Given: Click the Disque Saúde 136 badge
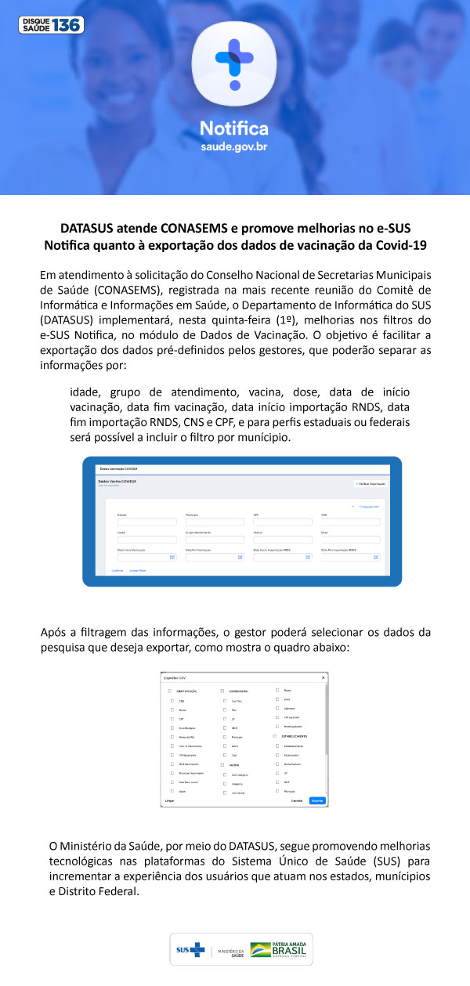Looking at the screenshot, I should pos(51,24).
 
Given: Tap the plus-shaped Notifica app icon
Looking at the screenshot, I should pos(234,63).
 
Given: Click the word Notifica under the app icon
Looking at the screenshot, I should pos(234,128).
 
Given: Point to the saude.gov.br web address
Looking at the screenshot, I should pos(234,147).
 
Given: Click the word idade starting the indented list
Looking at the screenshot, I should pos(85,392).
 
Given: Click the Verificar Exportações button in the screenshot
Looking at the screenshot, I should pos(370,484).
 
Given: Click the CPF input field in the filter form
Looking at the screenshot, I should pos(282,522).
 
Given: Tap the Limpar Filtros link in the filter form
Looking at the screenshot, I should pos(138,570).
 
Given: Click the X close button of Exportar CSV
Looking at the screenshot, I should pos(324,677).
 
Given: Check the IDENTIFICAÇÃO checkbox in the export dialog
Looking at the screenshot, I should pos(170,692).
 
